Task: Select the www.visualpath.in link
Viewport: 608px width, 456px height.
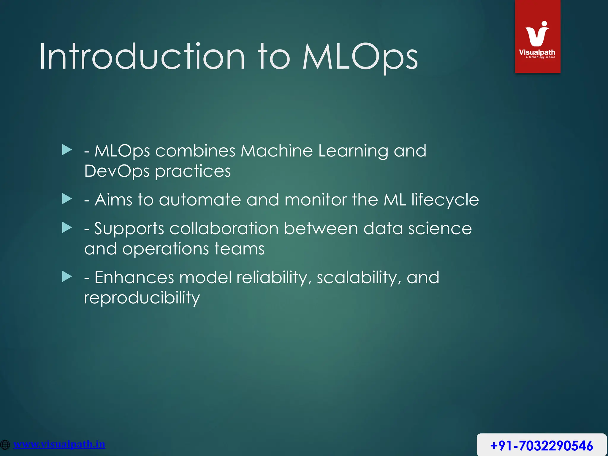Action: point(59,444)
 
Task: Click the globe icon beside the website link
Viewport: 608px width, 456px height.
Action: point(5,445)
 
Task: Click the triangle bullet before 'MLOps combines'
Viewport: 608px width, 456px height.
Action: point(67,150)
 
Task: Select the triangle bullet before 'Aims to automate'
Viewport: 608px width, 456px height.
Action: point(67,199)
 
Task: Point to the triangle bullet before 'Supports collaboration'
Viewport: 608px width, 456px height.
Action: point(67,228)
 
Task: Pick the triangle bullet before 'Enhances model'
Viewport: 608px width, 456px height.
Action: point(67,277)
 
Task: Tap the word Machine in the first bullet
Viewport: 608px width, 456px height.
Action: point(276,151)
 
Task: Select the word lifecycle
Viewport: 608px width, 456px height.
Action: point(445,200)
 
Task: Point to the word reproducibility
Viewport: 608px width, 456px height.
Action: point(142,298)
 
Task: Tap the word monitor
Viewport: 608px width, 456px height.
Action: point(316,200)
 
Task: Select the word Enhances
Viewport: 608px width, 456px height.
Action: point(134,278)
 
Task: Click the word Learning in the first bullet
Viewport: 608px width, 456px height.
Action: point(353,151)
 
